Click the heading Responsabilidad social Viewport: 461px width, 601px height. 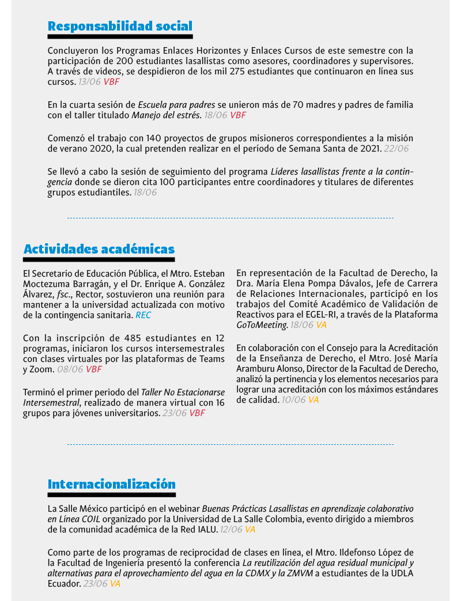pyautogui.click(x=120, y=26)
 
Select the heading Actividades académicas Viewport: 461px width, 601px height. pyautogui.click(x=99, y=249)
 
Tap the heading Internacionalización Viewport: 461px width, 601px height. pyautogui.click(x=111, y=483)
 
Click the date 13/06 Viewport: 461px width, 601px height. pyautogui.click(x=89, y=82)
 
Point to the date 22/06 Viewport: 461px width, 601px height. pyautogui.click(x=396, y=149)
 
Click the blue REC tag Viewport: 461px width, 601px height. pyautogui.click(x=143, y=316)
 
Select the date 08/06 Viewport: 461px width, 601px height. pyautogui.click(x=70, y=369)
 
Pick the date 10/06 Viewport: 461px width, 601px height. pyautogui.click(x=294, y=400)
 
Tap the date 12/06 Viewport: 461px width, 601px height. pyautogui.click(x=231, y=530)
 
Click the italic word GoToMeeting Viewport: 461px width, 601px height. pyautogui.click(x=262, y=325)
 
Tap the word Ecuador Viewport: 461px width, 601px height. pyautogui.click(x=63, y=584)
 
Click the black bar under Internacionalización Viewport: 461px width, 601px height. pyautogui.click(x=111, y=494)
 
